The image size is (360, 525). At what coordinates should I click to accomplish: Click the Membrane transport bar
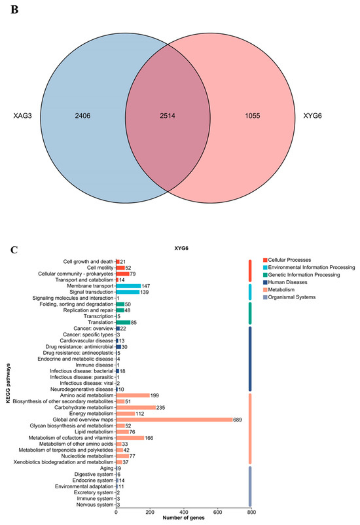(128, 286)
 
